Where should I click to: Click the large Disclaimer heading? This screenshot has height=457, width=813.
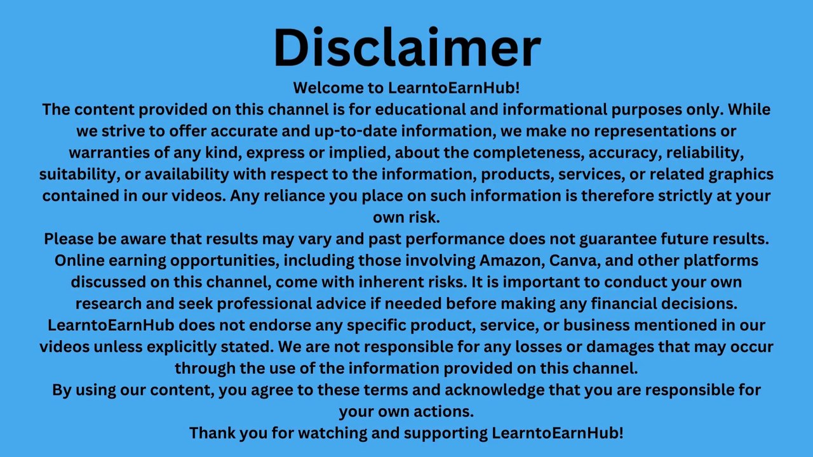pos(407,47)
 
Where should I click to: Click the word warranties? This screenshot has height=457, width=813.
pos(109,152)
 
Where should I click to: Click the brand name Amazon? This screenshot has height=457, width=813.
pos(512,260)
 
